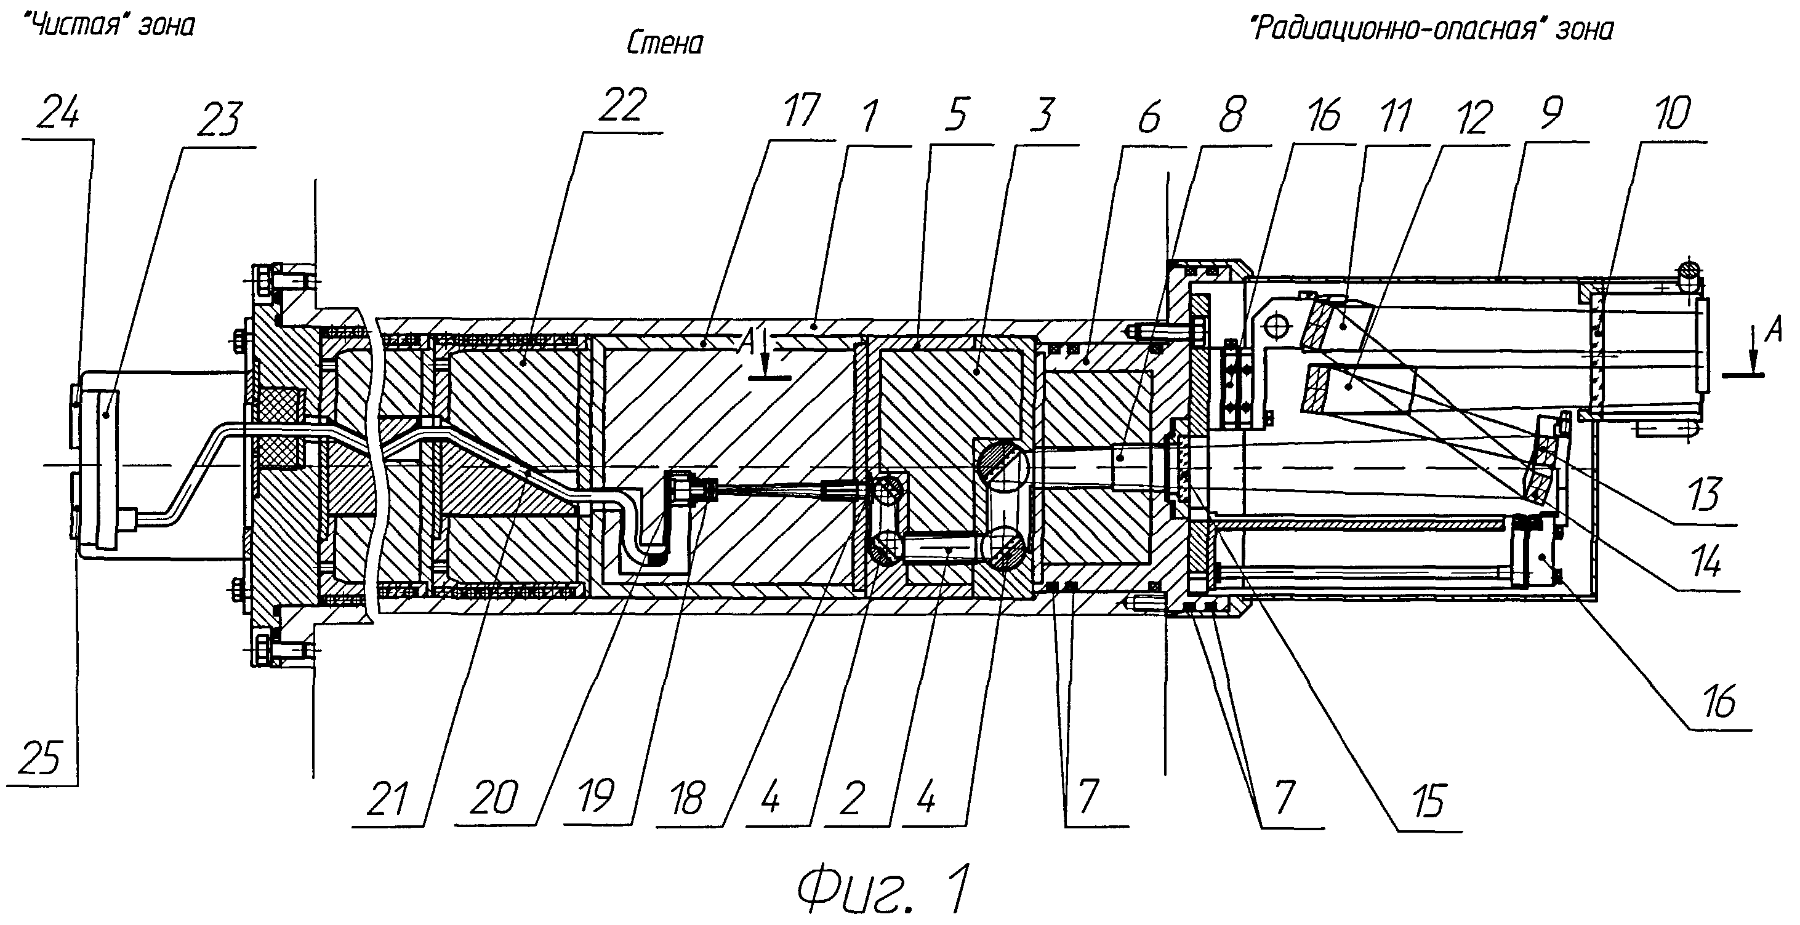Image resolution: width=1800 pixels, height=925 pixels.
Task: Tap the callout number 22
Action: tap(622, 105)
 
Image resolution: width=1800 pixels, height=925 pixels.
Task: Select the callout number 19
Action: tap(596, 796)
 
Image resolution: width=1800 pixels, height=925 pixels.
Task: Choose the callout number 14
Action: tap(1705, 563)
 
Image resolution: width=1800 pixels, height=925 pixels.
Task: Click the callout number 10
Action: tap(1672, 114)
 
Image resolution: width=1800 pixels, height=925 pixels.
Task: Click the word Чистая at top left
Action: tap(87, 26)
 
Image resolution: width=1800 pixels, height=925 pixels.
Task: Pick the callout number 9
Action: tap(1550, 113)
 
